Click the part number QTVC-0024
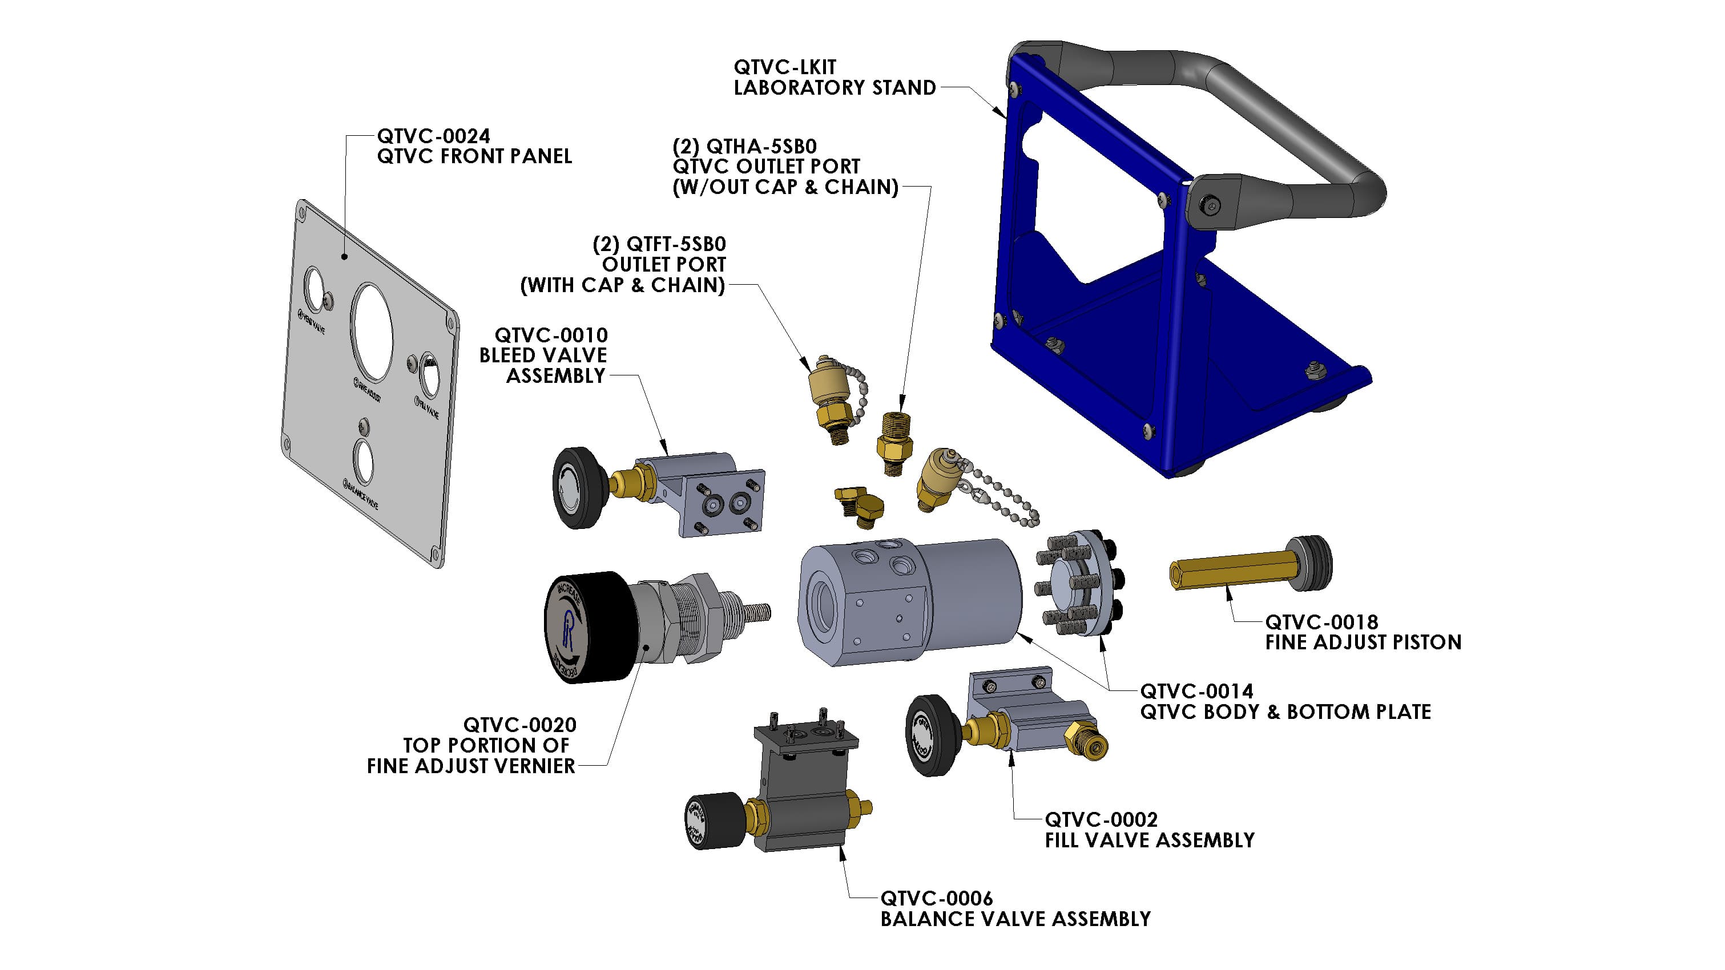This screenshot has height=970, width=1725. pyautogui.click(x=433, y=136)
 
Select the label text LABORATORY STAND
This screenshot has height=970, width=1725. pyautogui.click(x=835, y=88)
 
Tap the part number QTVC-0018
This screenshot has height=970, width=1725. pyautogui.click(x=1321, y=622)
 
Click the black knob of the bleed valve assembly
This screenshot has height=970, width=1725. pyautogui.click(x=575, y=487)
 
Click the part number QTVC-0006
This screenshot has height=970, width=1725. pyautogui.click(x=936, y=898)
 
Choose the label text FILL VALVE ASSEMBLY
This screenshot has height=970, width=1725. pyautogui.click(x=1149, y=840)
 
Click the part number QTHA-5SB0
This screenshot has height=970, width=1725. pyautogui.click(x=761, y=146)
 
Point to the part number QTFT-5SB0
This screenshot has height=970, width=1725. pyautogui.click(x=676, y=244)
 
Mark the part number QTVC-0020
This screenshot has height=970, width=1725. pyautogui.click(x=519, y=725)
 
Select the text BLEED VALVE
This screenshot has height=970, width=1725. pyautogui.click(x=543, y=355)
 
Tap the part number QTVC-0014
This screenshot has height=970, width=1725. pyautogui.click(x=1196, y=691)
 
